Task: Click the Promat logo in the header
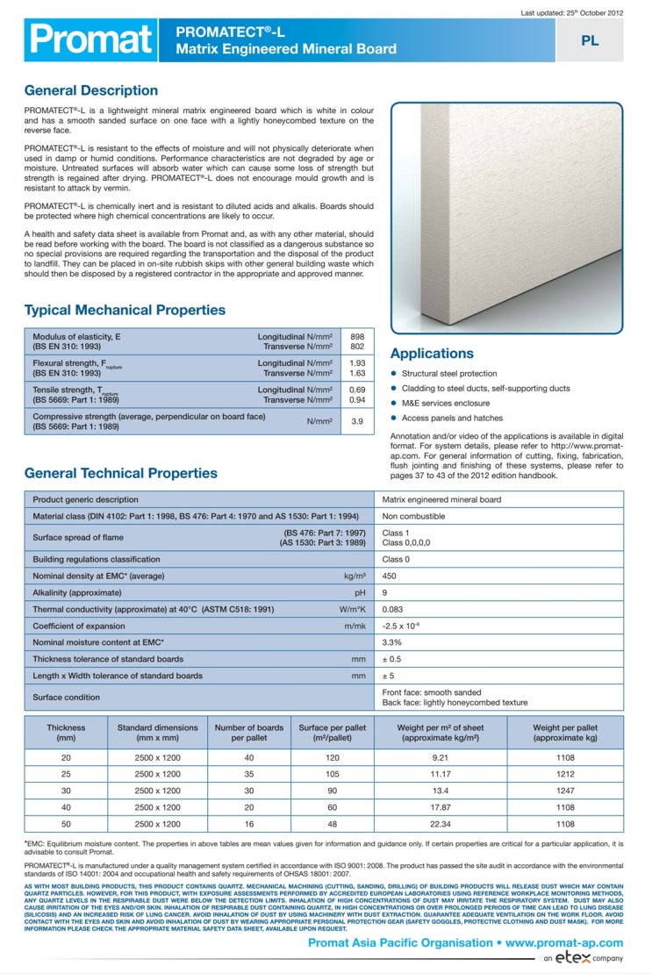tap(90, 39)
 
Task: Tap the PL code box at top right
tap(590, 40)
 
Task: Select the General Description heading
tap(91, 90)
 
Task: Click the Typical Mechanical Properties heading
tap(125, 310)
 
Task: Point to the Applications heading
tap(432, 354)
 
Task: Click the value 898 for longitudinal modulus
tap(357, 337)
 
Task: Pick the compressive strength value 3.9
tap(357, 421)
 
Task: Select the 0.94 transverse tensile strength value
tap(357, 400)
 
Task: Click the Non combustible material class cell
tap(413, 517)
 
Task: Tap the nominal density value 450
tap(390, 577)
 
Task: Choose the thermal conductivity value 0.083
tap(393, 609)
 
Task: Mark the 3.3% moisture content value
tap(392, 643)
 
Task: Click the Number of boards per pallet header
tap(249, 733)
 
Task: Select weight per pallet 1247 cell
tap(565, 791)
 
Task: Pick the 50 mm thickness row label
tap(66, 825)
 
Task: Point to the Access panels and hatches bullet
tap(452, 418)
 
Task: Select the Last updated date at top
tap(571, 13)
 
